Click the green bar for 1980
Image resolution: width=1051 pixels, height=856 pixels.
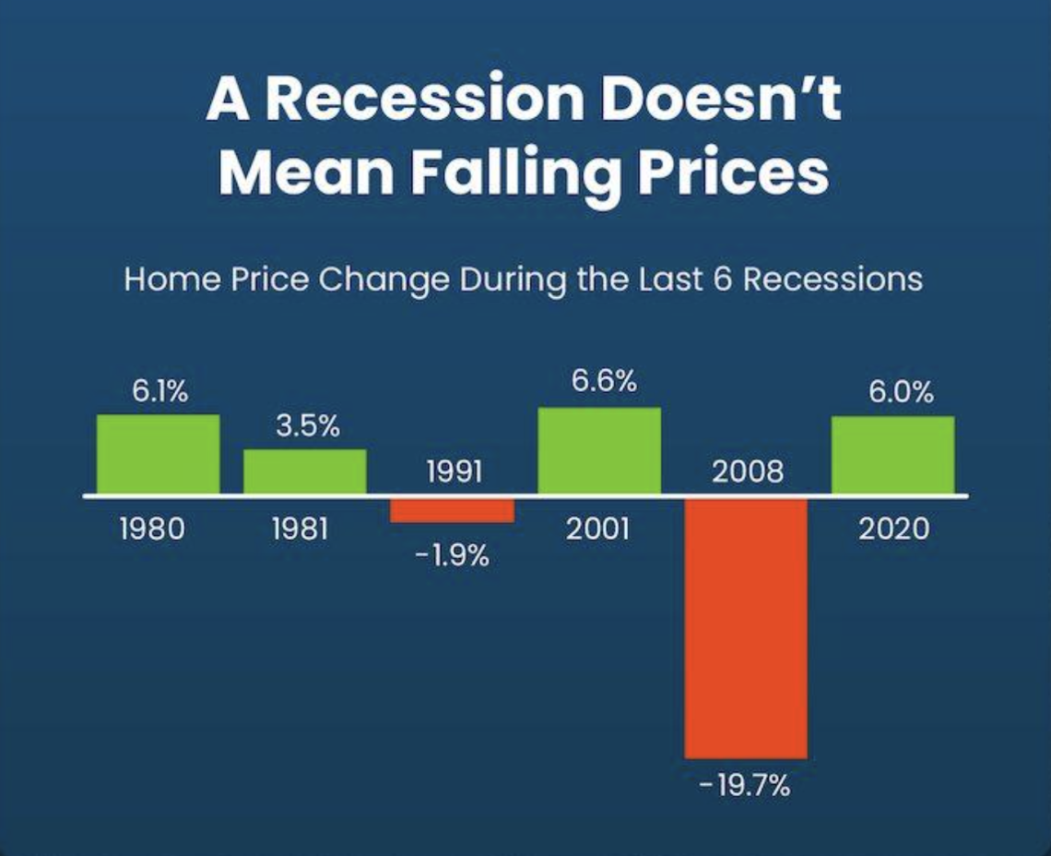click(158, 454)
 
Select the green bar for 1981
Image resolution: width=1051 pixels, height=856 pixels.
click(304, 471)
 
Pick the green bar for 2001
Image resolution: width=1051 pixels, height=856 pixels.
click(599, 450)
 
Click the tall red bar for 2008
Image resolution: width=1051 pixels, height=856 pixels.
click(746, 627)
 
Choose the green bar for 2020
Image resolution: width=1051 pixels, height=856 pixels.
click(892, 455)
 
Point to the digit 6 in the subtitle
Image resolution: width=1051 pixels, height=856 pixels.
click(722, 279)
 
